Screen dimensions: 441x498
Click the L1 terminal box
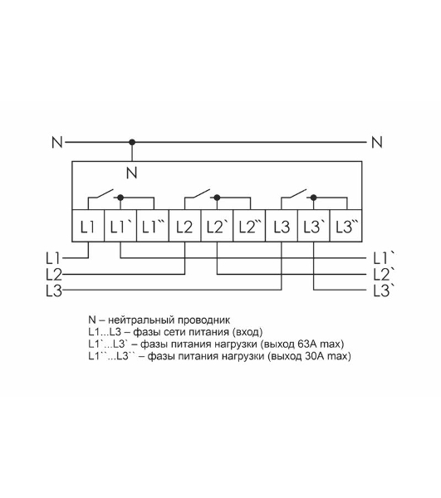click(88, 226)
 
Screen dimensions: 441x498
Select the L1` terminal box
click(120, 226)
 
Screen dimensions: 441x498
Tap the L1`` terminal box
click(153, 226)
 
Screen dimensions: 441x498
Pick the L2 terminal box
click(185, 226)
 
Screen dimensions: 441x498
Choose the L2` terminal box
click(218, 226)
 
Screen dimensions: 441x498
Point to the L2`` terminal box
click(249, 226)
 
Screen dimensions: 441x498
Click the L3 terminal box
click(282, 226)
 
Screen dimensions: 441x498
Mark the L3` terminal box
click(314, 226)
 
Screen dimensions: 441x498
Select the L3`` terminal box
click(346, 226)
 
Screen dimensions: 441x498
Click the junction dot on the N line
click(132, 142)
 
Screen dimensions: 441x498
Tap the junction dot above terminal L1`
click(120, 198)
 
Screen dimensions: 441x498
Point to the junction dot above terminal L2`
click(218, 198)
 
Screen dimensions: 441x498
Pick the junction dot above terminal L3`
click(314, 198)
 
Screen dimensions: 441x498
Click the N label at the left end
click(57, 142)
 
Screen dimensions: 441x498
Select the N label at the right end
click(377, 142)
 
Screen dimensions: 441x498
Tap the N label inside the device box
click(131, 173)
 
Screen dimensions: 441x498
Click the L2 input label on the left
click(54, 275)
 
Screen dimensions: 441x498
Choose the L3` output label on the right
click(384, 290)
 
